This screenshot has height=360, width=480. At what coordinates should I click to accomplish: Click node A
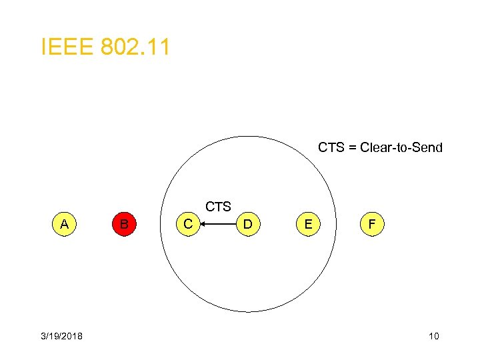[64, 225]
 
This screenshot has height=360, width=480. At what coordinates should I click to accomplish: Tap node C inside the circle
[188, 225]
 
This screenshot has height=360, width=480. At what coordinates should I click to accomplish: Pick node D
[247, 225]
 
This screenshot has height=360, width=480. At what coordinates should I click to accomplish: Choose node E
[307, 225]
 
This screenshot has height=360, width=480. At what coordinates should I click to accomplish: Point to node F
[372, 225]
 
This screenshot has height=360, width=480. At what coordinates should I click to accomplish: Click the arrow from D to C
[218, 225]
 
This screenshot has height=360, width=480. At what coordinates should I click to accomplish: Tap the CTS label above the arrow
[218, 207]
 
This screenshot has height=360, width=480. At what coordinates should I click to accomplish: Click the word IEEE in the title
[67, 47]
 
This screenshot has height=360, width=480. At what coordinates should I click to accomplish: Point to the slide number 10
[433, 336]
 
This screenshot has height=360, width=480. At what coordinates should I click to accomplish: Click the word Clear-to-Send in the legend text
[401, 147]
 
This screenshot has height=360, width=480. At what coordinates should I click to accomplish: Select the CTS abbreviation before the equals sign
[331, 147]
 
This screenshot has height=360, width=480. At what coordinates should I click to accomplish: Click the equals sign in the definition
[353, 147]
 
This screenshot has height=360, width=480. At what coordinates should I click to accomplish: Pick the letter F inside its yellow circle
[372, 225]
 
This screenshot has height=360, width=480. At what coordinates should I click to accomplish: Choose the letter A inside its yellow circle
[64, 225]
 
